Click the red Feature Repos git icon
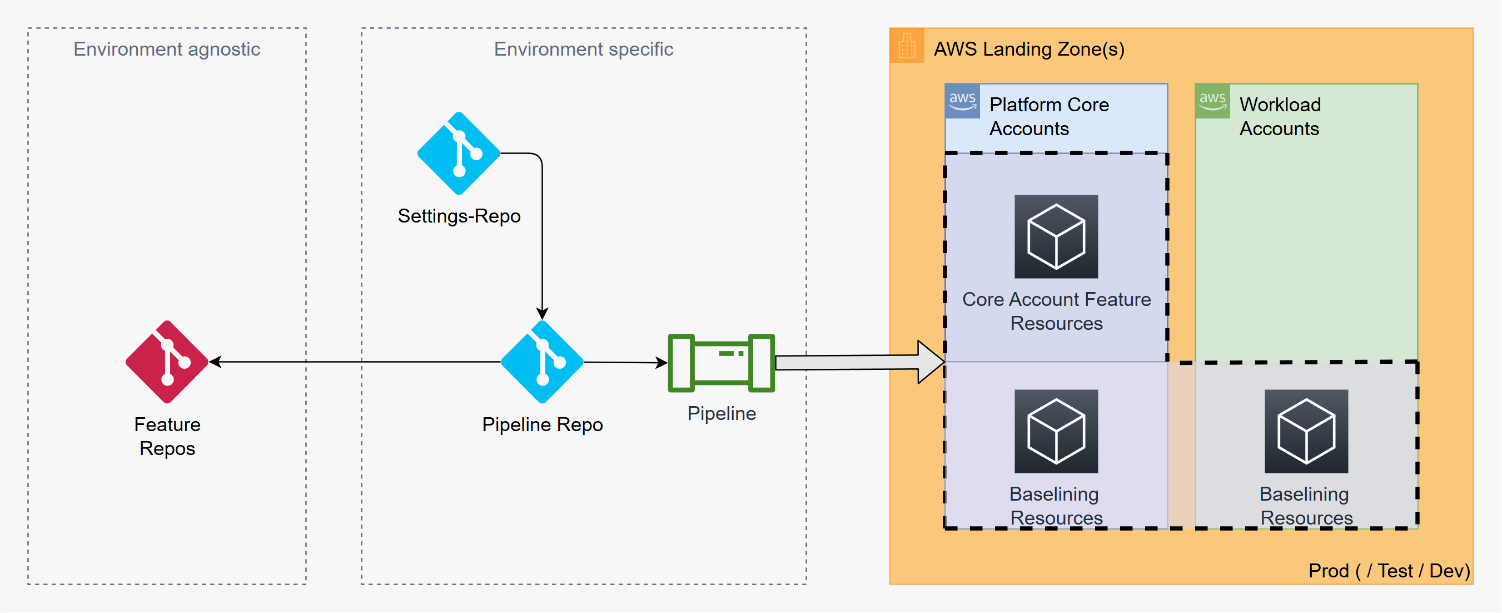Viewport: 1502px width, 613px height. (x=167, y=362)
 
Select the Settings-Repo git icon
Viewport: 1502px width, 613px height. (x=459, y=154)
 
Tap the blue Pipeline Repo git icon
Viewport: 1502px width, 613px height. (x=542, y=362)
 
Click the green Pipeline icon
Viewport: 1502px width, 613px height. (x=722, y=363)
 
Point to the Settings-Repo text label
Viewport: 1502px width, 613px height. (x=459, y=216)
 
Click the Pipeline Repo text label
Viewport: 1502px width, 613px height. (x=542, y=424)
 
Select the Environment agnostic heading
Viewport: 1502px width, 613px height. (x=167, y=49)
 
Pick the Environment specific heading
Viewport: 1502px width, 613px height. (x=584, y=49)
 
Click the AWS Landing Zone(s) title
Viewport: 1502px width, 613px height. (x=1029, y=49)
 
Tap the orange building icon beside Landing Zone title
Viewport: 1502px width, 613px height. (x=907, y=46)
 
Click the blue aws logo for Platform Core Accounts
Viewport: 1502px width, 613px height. (x=963, y=101)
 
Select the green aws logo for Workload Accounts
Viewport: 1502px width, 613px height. (x=1213, y=101)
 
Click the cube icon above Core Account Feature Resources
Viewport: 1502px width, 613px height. (x=1056, y=236)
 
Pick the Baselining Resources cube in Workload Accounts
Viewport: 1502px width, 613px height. (x=1306, y=431)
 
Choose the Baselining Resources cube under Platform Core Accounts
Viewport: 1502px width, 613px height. (x=1056, y=431)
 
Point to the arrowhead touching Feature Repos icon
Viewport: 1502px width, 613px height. (x=215, y=362)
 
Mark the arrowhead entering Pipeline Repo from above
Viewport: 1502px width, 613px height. (x=542, y=313)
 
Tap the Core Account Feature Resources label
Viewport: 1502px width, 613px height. (x=1057, y=311)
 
